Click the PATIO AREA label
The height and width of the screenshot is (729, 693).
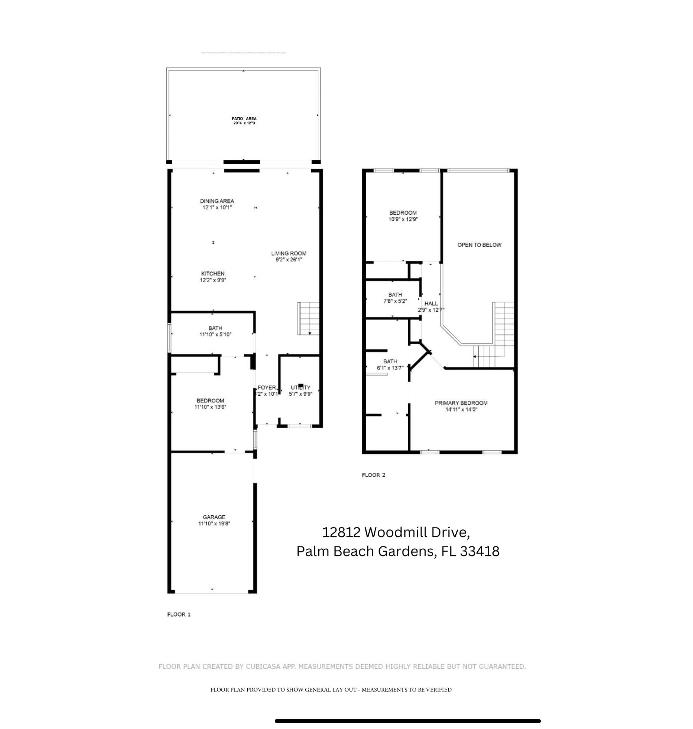244,119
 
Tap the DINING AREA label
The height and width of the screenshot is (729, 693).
217,201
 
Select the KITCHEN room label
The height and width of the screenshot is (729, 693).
213,273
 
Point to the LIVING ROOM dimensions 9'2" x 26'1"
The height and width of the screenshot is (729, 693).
289,259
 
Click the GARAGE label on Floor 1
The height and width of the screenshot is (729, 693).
214,517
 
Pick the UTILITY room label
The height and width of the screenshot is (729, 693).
301,387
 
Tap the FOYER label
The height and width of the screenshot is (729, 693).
267,387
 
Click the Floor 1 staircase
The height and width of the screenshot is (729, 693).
309,318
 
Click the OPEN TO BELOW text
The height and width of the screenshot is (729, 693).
479,245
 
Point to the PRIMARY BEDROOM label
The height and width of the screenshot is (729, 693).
461,403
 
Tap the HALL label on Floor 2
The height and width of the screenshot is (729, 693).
431,303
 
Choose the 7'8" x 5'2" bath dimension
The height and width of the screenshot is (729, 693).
395,301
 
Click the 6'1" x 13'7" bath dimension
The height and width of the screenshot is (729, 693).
390,368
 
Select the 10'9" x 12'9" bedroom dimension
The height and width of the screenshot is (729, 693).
403,219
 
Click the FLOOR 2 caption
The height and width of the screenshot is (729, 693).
374,475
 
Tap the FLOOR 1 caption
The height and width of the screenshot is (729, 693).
179,614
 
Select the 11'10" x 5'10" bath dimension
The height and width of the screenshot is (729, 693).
215,334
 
